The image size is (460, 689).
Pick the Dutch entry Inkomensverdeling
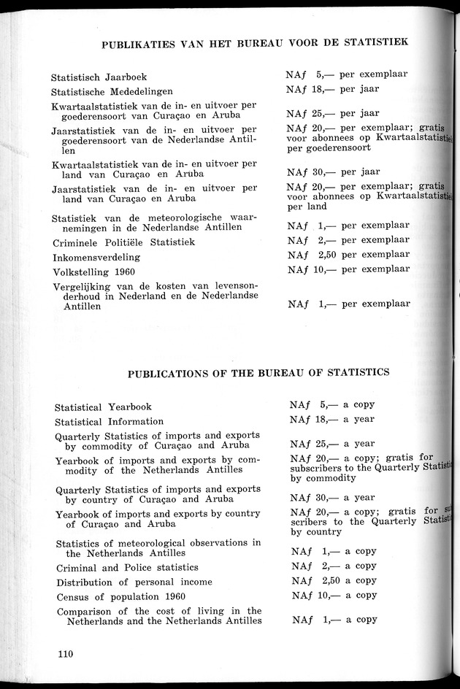[96, 258]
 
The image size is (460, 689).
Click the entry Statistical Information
[109, 421]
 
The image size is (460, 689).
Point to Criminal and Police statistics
[126, 567]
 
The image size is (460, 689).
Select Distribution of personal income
[134, 582]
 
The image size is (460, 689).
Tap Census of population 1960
[120, 596]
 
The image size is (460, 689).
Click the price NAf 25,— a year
[332, 443]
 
